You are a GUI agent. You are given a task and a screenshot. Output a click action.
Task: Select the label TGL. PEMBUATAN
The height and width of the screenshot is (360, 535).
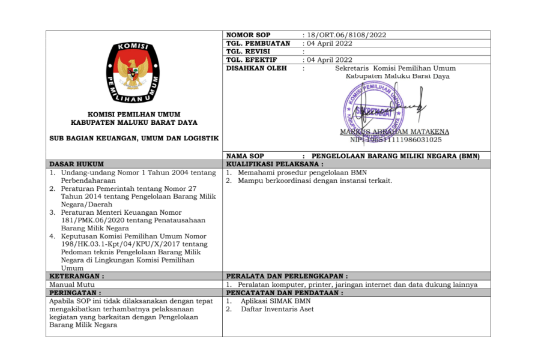(x=258, y=43)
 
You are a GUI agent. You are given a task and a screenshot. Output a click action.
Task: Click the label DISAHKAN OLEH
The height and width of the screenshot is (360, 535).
(x=256, y=68)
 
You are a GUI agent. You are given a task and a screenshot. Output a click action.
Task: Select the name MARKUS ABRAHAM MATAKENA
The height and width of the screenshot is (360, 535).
(x=394, y=132)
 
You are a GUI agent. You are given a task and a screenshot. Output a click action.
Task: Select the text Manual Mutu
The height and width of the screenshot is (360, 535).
(x=68, y=284)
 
